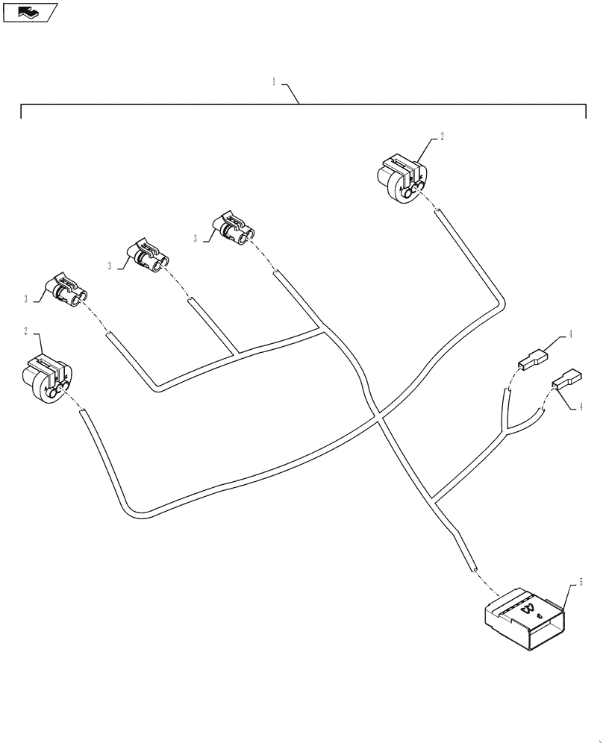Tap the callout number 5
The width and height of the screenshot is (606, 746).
(581, 580)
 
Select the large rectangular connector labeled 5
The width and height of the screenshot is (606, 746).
(523, 618)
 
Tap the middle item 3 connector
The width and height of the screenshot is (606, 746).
(147, 256)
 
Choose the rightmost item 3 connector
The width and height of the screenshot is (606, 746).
(234, 227)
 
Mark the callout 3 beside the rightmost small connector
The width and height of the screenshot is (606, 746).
(196, 239)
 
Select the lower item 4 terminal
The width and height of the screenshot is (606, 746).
(566, 379)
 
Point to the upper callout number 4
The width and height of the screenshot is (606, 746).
(570, 335)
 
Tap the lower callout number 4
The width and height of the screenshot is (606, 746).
(580, 407)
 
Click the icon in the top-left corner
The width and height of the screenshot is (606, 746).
(31, 11)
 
